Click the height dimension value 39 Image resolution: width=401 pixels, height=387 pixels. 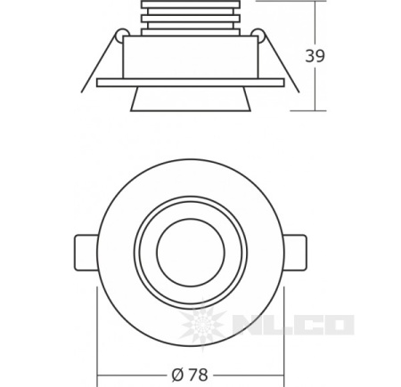[315, 56]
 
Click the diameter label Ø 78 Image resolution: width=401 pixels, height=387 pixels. [190, 375]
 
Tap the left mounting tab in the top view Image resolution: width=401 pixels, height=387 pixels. [86, 253]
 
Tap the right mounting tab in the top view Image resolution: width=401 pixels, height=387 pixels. [295, 253]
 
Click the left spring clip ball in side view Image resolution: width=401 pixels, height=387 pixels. [122, 35]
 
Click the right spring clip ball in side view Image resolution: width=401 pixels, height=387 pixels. [258, 35]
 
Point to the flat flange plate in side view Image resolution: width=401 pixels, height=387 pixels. [191, 83]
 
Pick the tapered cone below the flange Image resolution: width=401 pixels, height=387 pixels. [191, 99]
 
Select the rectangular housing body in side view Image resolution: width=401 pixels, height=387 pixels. [190, 57]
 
